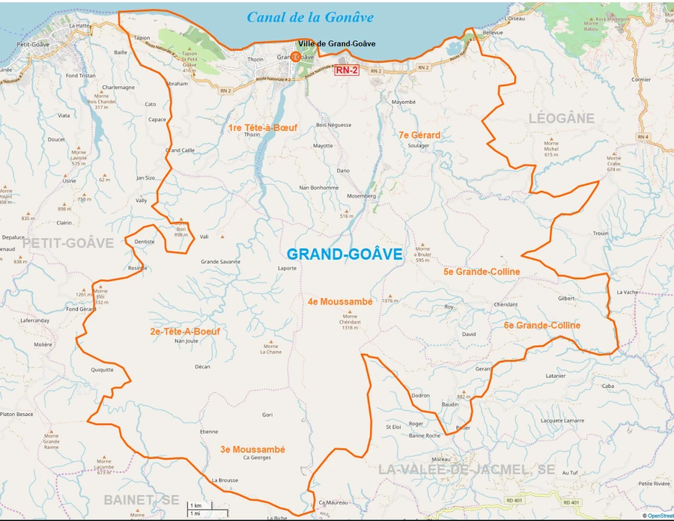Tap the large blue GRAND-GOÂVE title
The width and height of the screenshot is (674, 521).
(x=344, y=255)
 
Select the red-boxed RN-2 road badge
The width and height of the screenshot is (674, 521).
(x=347, y=70)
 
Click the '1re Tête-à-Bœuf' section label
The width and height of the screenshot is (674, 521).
(x=262, y=128)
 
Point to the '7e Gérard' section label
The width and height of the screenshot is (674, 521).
(x=419, y=135)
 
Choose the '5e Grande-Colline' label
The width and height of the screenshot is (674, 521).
(x=482, y=272)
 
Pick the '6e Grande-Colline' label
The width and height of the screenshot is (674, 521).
(x=541, y=326)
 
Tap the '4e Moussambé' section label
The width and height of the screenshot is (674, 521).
(x=340, y=302)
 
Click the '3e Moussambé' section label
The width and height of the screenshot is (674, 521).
(x=252, y=449)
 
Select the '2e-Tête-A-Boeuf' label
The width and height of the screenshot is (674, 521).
(x=184, y=331)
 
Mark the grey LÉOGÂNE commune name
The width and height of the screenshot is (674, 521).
(x=561, y=118)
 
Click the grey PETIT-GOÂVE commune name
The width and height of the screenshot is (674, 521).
(x=68, y=243)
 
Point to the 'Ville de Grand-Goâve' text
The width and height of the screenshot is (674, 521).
(x=336, y=43)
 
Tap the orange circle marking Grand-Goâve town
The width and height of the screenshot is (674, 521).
(x=296, y=57)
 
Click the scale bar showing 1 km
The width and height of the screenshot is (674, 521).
(x=197, y=507)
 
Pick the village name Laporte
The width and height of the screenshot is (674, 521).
(x=287, y=267)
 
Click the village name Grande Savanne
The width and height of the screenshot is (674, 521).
(x=220, y=262)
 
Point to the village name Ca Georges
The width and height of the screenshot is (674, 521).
(x=256, y=457)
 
